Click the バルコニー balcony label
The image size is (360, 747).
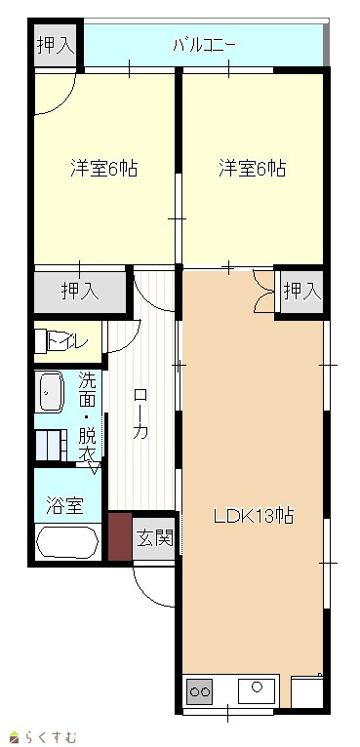[x=204, y=46]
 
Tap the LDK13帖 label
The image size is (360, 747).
[x=253, y=516]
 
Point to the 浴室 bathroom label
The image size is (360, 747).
[x=64, y=505]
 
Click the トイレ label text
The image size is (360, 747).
[x=68, y=342]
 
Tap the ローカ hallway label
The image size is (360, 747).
[x=140, y=413]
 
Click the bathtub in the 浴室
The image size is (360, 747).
[x=67, y=542]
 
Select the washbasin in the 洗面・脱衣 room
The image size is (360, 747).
[x=51, y=392]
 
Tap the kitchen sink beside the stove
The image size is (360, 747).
[x=258, y=689]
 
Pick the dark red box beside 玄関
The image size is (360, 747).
[x=120, y=536]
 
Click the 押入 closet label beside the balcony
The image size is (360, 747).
[x=56, y=44]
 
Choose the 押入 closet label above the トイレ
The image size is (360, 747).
[x=80, y=291]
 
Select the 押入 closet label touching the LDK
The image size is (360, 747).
[x=302, y=291]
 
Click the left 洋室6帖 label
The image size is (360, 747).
[x=104, y=168]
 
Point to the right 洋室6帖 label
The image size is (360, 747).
[x=253, y=168]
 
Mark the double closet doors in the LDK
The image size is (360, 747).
[x=263, y=291]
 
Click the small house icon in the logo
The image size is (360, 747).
[x=15, y=738]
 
